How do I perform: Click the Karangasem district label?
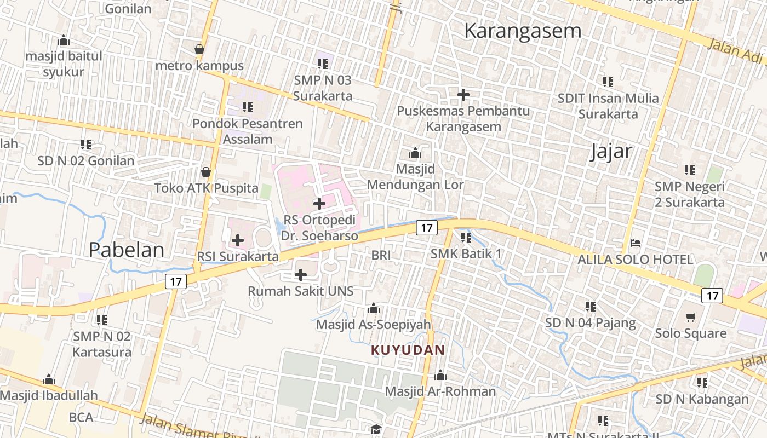[522, 31]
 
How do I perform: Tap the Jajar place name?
[611, 151]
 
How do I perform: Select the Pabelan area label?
[127, 250]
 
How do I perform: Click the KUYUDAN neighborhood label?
[408, 350]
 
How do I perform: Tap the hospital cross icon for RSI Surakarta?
[238, 240]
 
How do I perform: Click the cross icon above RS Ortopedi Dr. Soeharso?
[319, 204]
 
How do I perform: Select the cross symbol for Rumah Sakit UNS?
[301, 274]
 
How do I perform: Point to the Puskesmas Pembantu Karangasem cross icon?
[463, 95]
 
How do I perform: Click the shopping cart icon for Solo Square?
[691, 317]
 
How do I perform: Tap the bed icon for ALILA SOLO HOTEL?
[636, 243]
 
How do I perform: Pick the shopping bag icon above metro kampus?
[199, 49]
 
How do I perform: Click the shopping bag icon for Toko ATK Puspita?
[206, 172]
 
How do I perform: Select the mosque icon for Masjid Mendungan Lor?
[415, 153]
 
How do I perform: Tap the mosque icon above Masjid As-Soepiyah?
[374, 308]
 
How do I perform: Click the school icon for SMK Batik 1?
[466, 238]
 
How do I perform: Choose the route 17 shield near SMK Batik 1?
[427, 227]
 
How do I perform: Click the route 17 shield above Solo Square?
[712, 296]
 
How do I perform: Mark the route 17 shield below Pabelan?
[176, 282]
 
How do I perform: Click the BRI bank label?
[381, 255]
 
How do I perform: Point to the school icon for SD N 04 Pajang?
[590, 307]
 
